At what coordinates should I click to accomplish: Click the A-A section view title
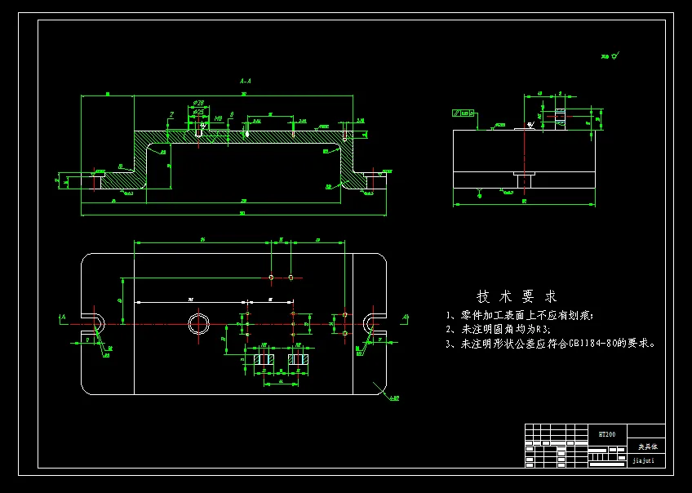(245, 82)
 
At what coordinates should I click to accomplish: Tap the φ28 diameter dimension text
(198, 103)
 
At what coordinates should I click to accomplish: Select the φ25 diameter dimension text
(198, 111)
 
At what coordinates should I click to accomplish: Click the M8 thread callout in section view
(218, 119)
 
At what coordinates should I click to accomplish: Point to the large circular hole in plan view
(198, 324)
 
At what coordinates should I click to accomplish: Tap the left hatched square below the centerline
(264, 359)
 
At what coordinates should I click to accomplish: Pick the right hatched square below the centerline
(297, 359)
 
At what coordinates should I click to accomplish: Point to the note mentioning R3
(498, 330)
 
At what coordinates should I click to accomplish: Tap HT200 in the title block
(607, 434)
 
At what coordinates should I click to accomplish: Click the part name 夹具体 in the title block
(646, 446)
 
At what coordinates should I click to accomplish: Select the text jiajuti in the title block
(645, 460)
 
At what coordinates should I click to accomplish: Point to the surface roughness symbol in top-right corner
(610, 56)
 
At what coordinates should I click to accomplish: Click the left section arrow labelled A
(63, 317)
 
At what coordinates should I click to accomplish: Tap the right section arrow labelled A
(405, 317)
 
